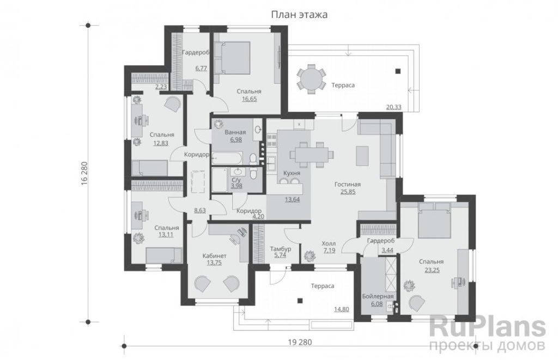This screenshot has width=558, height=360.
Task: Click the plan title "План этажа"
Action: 299,15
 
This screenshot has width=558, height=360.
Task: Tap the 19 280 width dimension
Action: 300,343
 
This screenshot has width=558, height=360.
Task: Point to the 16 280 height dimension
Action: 84,174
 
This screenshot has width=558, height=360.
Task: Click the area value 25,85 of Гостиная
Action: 348,192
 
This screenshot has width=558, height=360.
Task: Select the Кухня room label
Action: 292,173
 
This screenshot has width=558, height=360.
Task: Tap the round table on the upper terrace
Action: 311,79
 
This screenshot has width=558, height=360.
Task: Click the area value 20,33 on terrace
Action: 393,107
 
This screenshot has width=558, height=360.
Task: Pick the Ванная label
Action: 235,133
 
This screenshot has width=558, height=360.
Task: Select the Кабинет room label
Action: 214,256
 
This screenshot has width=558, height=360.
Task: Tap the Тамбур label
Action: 281,249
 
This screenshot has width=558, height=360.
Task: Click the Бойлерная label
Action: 378,297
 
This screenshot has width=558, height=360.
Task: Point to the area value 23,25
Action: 432,270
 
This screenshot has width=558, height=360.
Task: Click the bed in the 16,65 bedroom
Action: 232,58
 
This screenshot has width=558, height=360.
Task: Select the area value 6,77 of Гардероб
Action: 201,68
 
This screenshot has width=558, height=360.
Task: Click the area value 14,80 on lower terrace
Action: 341,309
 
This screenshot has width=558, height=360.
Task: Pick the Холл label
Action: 329,243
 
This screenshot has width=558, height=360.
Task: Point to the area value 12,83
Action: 161,143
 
